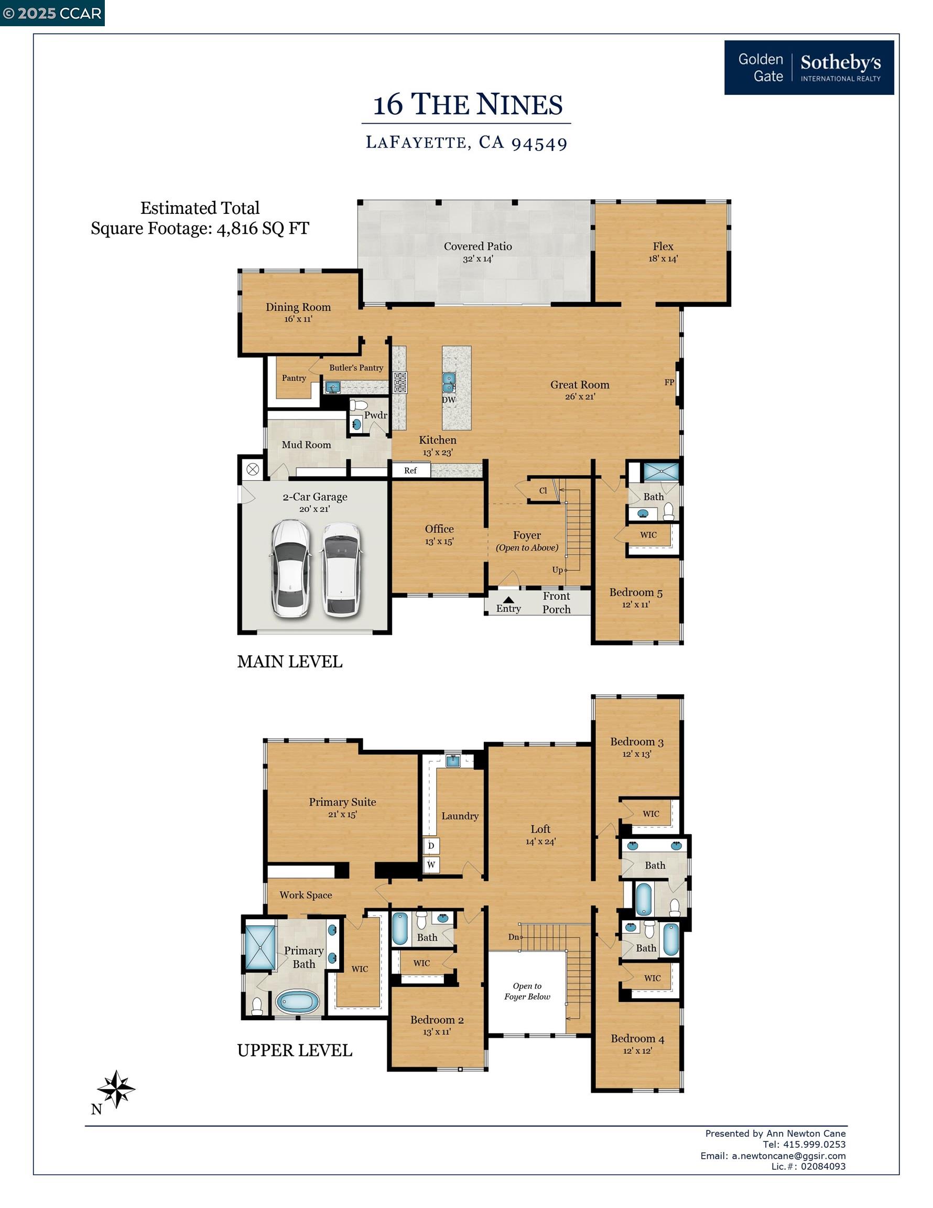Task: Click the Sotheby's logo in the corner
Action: click(x=809, y=68)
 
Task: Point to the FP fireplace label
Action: click(x=669, y=382)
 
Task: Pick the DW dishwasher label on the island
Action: click(x=449, y=400)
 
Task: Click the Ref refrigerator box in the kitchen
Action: click(x=410, y=470)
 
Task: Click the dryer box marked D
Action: click(x=431, y=845)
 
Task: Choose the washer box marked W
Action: click(x=431, y=865)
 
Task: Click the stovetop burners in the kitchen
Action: click(x=400, y=382)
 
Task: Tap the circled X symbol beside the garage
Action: click(x=253, y=470)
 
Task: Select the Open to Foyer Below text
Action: click(x=527, y=991)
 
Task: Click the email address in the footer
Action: click(x=789, y=1156)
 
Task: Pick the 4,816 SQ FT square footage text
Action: click(x=263, y=229)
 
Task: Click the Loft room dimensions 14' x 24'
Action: click(x=540, y=842)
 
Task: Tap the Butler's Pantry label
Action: click(x=356, y=368)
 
